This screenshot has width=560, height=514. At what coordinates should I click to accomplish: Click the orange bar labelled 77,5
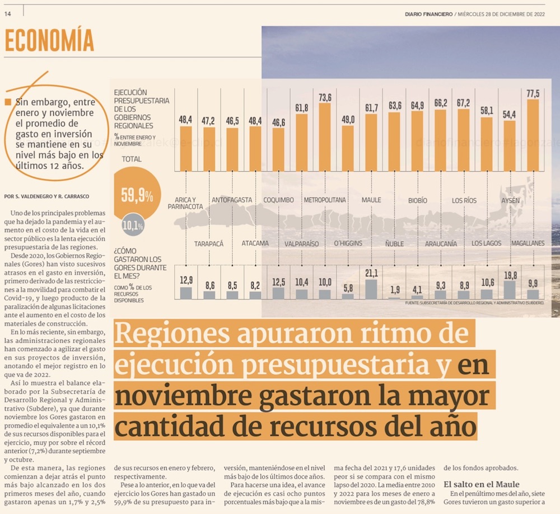(x=533, y=135)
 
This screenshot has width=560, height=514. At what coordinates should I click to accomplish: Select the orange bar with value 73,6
(x=325, y=137)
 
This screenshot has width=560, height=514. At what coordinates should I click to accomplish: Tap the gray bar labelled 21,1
(x=371, y=289)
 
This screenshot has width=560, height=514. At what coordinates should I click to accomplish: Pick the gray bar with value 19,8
(x=510, y=290)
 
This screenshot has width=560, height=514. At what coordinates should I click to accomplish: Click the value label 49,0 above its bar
(x=348, y=119)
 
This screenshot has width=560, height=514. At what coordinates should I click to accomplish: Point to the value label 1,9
(x=394, y=289)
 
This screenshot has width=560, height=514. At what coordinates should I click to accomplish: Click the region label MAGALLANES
(x=528, y=243)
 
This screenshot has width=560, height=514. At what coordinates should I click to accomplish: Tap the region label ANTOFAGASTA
(x=232, y=200)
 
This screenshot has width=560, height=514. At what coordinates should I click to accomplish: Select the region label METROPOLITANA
(x=325, y=200)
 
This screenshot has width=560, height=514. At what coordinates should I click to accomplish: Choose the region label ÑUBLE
(x=394, y=243)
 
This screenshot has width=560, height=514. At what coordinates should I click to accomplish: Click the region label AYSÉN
(x=510, y=200)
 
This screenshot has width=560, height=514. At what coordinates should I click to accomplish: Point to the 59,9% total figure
(x=137, y=195)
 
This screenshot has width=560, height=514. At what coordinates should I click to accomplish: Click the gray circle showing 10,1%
(x=133, y=226)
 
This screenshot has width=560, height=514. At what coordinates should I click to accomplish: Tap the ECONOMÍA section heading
(x=49, y=41)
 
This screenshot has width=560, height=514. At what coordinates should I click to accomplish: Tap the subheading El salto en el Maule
(x=482, y=484)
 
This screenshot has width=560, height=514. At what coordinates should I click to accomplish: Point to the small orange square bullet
(x=7, y=102)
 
